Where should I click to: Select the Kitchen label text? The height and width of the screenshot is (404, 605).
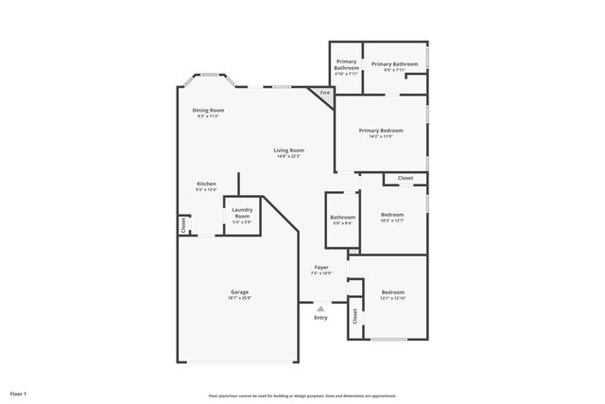click(206, 185)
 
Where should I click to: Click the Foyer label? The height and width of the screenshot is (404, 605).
click(321, 270)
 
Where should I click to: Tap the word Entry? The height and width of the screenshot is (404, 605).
click(320, 317)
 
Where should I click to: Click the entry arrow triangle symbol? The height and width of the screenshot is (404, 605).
click(320, 307)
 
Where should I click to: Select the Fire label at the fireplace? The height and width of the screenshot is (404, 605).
click(324, 93)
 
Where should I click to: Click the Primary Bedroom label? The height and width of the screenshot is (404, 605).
click(382, 132)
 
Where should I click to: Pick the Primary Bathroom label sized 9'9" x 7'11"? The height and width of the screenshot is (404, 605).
click(394, 66)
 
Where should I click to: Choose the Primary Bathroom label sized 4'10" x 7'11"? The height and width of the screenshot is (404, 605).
click(346, 65)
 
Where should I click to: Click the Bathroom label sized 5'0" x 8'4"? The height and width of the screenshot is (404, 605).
click(341, 220)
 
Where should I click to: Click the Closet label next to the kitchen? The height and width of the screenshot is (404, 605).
click(183, 225)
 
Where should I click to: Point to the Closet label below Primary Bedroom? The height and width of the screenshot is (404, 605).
click(405, 178)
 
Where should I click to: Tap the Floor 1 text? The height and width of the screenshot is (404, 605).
click(19, 393)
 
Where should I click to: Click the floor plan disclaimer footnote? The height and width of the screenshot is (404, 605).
click(302, 395)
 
